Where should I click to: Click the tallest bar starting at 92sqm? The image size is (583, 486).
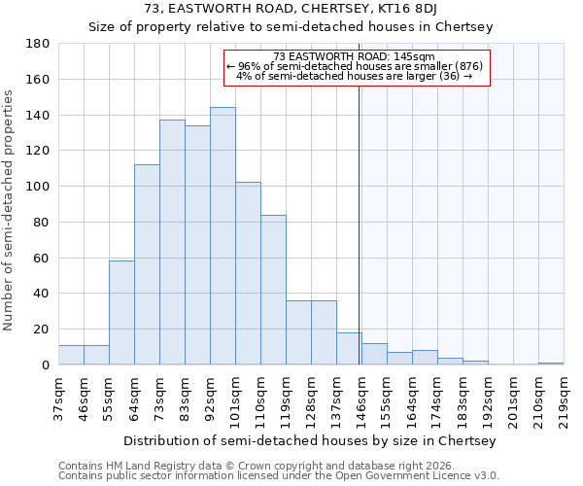(223, 236)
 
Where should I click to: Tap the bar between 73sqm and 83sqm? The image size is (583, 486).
(172, 242)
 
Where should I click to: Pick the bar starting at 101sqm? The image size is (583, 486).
(248, 273)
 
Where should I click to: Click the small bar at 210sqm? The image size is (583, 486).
(551, 364)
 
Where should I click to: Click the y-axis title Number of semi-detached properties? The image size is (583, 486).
(10, 210)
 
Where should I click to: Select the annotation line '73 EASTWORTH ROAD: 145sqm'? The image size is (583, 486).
(354, 56)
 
